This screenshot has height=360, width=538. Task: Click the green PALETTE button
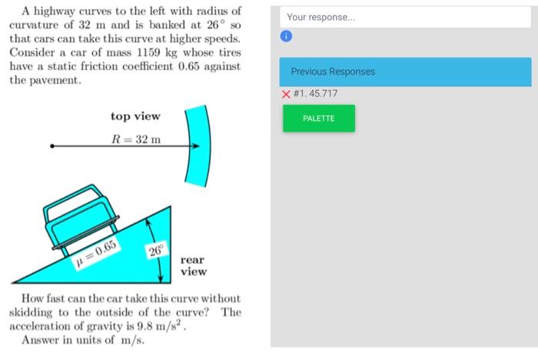pyautogui.click(x=319, y=118)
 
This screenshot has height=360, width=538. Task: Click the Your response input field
pyautogui.click(x=405, y=17)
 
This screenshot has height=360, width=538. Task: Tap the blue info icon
pyautogui.click(x=286, y=37)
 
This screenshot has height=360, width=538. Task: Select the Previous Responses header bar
pyautogui.click(x=405, y=72)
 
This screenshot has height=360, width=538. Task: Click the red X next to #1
pyautogui.click(x=286, y=94)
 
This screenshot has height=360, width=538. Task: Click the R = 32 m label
pyautogui.click(x=136, y=138)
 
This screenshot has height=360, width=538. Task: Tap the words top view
pyautogui.click(x=135, y=116)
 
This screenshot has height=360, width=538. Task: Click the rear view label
pyautogui.click(x=194, y=266)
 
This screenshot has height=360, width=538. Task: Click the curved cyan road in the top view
pyautogui.click(x=197, y=145)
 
